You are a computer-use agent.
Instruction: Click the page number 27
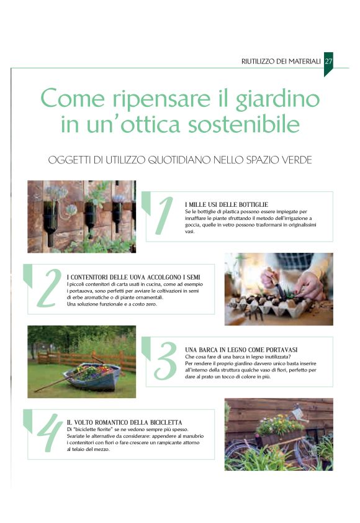click(329, 61)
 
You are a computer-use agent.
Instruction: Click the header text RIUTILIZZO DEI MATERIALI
click(281, 61)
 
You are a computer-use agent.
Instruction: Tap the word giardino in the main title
click(277, 99)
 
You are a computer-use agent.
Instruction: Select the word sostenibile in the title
click(244, 124)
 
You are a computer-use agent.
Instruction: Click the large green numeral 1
click(164, 216)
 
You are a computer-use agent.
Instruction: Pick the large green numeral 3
click(166, 361)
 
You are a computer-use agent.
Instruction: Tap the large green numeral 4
click(50, 433)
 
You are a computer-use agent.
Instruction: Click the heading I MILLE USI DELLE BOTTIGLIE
click(227, 204)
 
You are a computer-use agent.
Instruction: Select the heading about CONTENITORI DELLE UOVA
click(133, 277)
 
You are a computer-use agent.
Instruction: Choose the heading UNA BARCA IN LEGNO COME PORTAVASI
click(241, 350)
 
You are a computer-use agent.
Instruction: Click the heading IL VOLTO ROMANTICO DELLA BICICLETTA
click(124, 422)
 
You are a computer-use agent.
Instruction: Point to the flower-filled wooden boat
click(92, 378)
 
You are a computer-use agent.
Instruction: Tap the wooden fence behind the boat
click(87, 360)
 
